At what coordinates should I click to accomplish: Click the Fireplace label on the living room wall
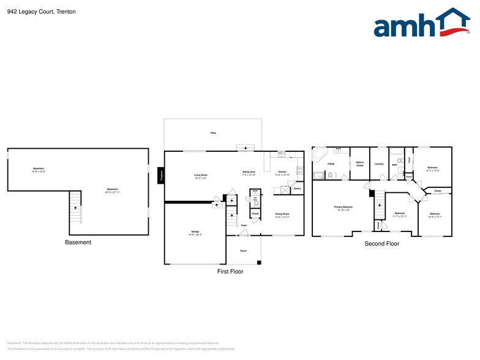(161, 176)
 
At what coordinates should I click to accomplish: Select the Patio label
(213, 133)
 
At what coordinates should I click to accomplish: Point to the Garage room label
(194, 233)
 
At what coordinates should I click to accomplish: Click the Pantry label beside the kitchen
(297, 189)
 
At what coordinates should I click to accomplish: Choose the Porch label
(243, 251)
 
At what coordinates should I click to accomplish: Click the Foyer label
(243, 226)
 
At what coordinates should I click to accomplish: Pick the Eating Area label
(249, 173)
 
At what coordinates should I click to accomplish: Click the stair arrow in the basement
(76, 208)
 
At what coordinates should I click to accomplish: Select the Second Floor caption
(381, 244)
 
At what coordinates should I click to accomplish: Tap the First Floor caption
(230, 271)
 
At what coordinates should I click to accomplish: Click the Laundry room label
(379, 163)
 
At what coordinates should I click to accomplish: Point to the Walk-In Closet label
(360, 163)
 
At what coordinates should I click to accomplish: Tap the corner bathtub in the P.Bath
(319, 154)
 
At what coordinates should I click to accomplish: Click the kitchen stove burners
(300, 170)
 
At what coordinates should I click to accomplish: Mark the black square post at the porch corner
(260, 263)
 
